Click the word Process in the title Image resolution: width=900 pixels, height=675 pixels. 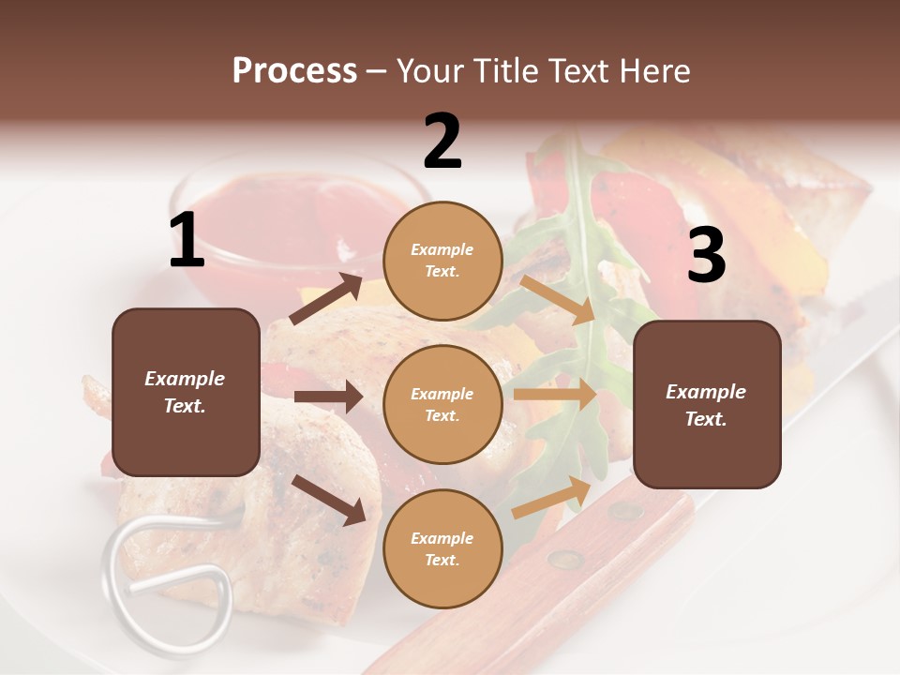pos(294,70)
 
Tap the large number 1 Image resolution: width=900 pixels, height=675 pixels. pos(187,241)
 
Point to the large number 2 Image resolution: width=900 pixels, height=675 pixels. pos(442,142)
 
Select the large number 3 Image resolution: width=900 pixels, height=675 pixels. pos(706,256)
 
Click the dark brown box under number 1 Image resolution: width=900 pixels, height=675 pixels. pos(186,392)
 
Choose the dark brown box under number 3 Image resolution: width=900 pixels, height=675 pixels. pos(707,404)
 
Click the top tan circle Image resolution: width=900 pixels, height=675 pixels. pos(442,261)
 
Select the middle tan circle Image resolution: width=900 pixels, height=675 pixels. pos(442,404)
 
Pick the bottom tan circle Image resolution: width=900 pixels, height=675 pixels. pos(442,548)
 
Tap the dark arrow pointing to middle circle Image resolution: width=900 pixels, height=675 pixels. pos(327,397)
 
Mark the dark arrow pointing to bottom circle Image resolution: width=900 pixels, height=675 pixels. pos(329,500)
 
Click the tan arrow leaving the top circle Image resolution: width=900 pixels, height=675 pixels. pos(559,299)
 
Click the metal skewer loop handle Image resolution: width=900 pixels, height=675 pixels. pos(169,573)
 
